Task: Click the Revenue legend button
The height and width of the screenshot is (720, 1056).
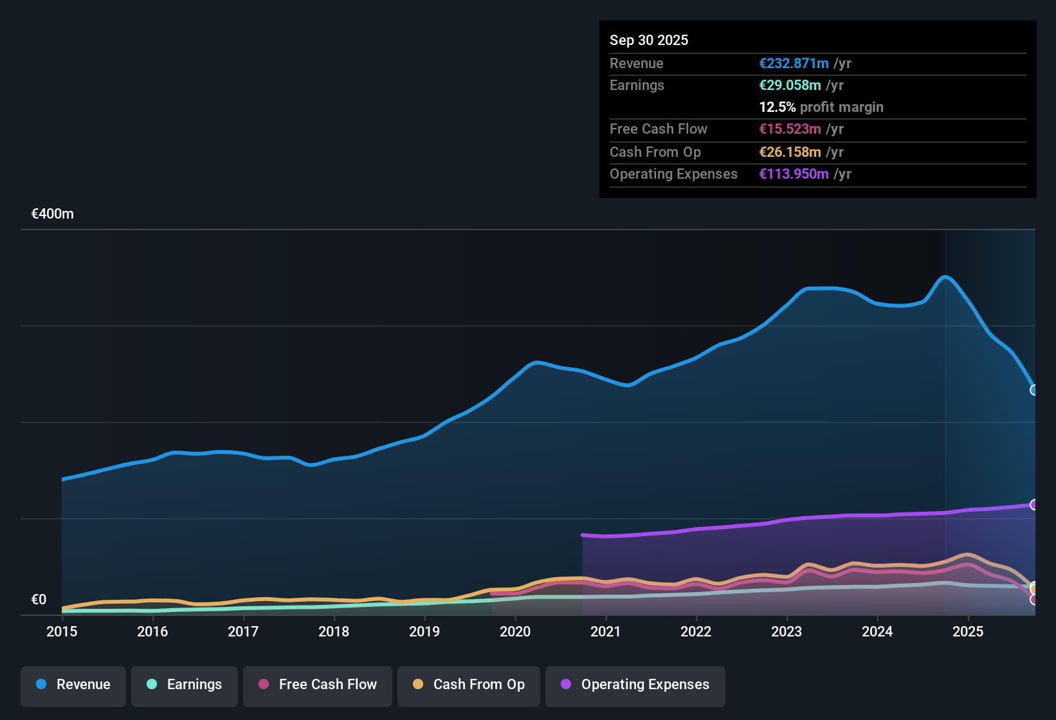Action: point(73,685)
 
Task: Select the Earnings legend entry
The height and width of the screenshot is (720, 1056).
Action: point(185,685)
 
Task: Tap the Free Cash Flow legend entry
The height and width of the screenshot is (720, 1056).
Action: point(318,685)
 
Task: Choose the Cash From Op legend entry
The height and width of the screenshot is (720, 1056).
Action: point(469,685)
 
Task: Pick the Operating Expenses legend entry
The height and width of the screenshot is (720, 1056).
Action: point(635,685)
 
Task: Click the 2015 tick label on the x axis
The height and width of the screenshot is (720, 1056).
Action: point(62,631)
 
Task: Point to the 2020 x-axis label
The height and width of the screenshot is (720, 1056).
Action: point(515,631)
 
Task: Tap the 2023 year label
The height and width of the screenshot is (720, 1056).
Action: point(787,631)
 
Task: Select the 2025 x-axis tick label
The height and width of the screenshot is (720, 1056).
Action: point(968,631)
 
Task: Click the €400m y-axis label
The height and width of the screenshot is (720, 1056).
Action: point(53,214)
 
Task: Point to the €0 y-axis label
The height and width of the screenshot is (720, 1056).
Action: point(39,600)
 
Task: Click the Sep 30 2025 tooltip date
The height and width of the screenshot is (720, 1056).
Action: point(649,40)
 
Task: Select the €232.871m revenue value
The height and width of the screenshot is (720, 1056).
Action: point(794,64)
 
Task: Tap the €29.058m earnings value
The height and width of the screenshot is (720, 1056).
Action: point(790,85)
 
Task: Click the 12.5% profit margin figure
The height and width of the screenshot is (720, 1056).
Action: point(778,107)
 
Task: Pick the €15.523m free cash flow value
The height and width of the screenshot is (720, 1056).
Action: point(790,129)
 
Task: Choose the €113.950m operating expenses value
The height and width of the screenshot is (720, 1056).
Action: point(794,174)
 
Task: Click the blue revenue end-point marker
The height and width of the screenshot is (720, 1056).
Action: point(1034,390)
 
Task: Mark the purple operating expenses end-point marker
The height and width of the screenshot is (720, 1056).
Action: point(1034,505)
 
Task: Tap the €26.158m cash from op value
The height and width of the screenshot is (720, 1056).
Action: point(790,152)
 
